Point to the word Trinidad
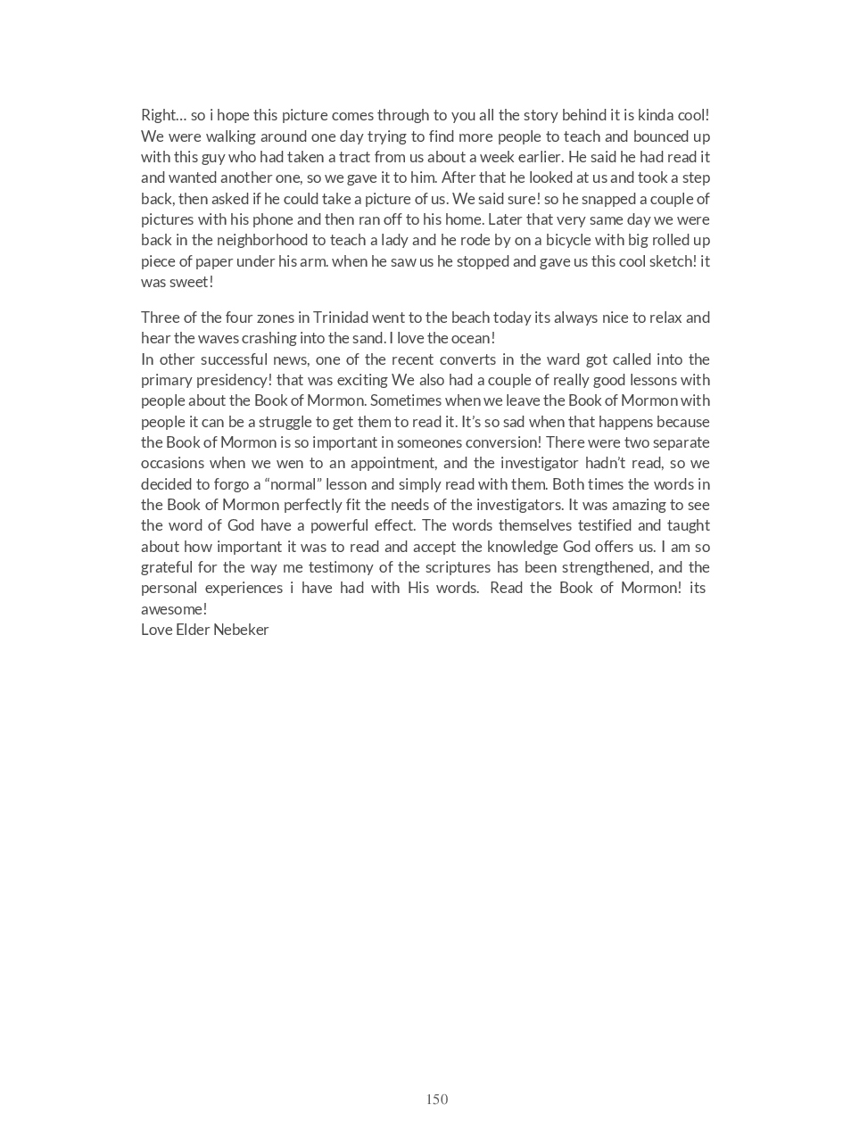click(x=340, y=317)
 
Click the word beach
click(x=471, y=317)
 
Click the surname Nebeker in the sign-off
click(x=241, y=630)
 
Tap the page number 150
click(x=437, y=1100)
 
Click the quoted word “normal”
click(x=293, y=484)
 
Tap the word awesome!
click(x=174, y=609)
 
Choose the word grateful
click(x=166, y=567)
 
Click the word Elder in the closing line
click(x=192, y=630)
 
